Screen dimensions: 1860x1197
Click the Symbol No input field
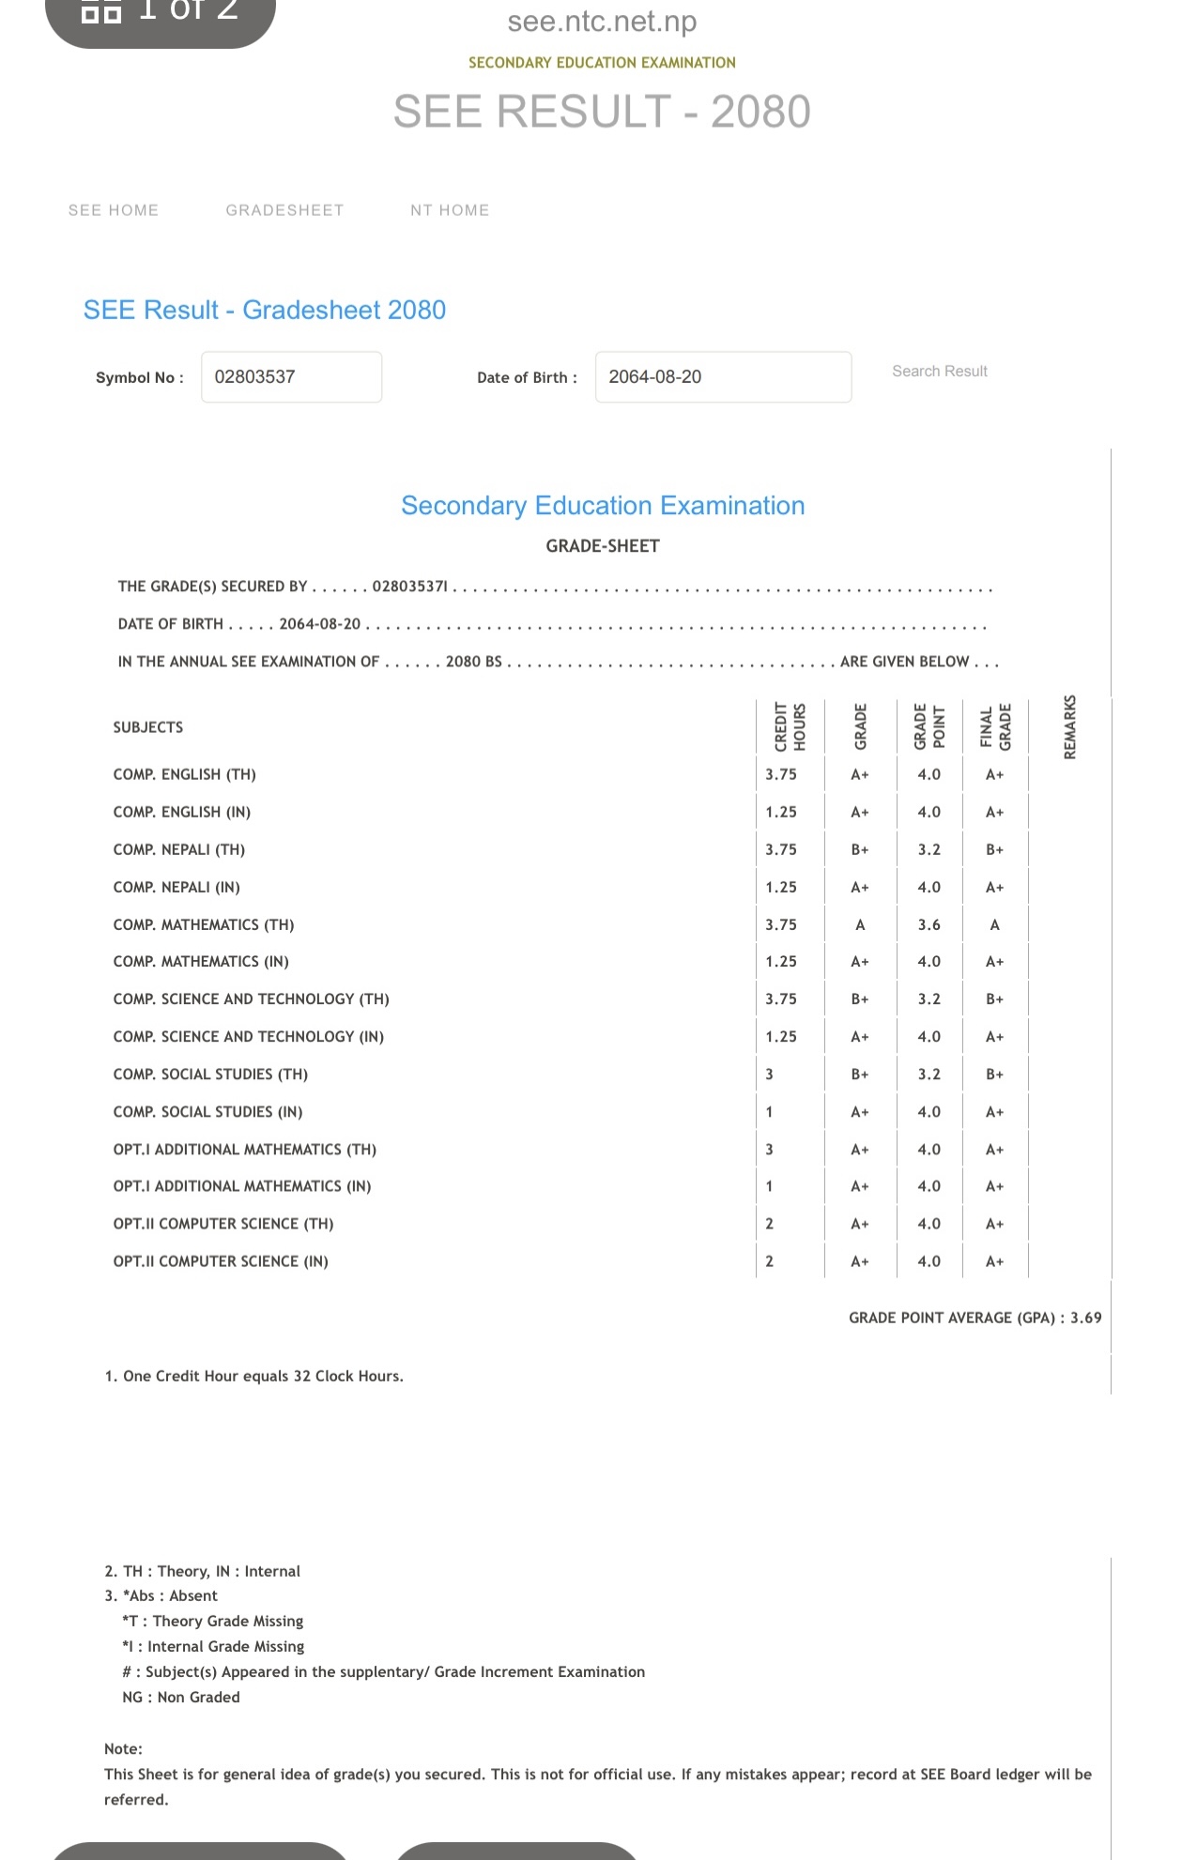coord(291,377)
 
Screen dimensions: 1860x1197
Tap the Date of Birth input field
coord(723,377)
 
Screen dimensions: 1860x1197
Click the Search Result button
coord(939,372)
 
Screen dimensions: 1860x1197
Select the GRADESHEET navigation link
coord(284,210)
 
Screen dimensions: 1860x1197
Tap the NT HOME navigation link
coord(450,210)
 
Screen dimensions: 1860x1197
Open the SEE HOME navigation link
coord(114,210)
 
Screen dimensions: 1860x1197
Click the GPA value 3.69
coord(1085,1318)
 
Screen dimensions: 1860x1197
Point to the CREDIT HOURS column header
coord(790,727)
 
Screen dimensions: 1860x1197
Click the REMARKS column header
coord(1069,727)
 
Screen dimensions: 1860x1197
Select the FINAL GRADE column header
coord(995,727)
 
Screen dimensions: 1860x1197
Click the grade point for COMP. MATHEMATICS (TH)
coord(928,925)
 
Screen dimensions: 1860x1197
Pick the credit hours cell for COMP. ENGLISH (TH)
coord(781,775)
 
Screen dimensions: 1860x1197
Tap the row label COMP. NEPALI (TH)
coord(179,850)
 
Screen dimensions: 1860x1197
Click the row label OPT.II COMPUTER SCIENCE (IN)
coord(221,1262)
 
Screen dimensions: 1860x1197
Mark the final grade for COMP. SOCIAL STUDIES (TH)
coord(994,1075)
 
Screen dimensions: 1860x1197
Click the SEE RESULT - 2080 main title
coord(602,112)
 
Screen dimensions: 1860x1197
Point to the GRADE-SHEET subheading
coord(603,546)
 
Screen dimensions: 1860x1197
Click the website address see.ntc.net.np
coord(602,22)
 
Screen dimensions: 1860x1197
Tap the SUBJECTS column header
coord(148,727)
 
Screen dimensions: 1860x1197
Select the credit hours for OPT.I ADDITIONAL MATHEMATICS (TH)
coord(770,1150)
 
